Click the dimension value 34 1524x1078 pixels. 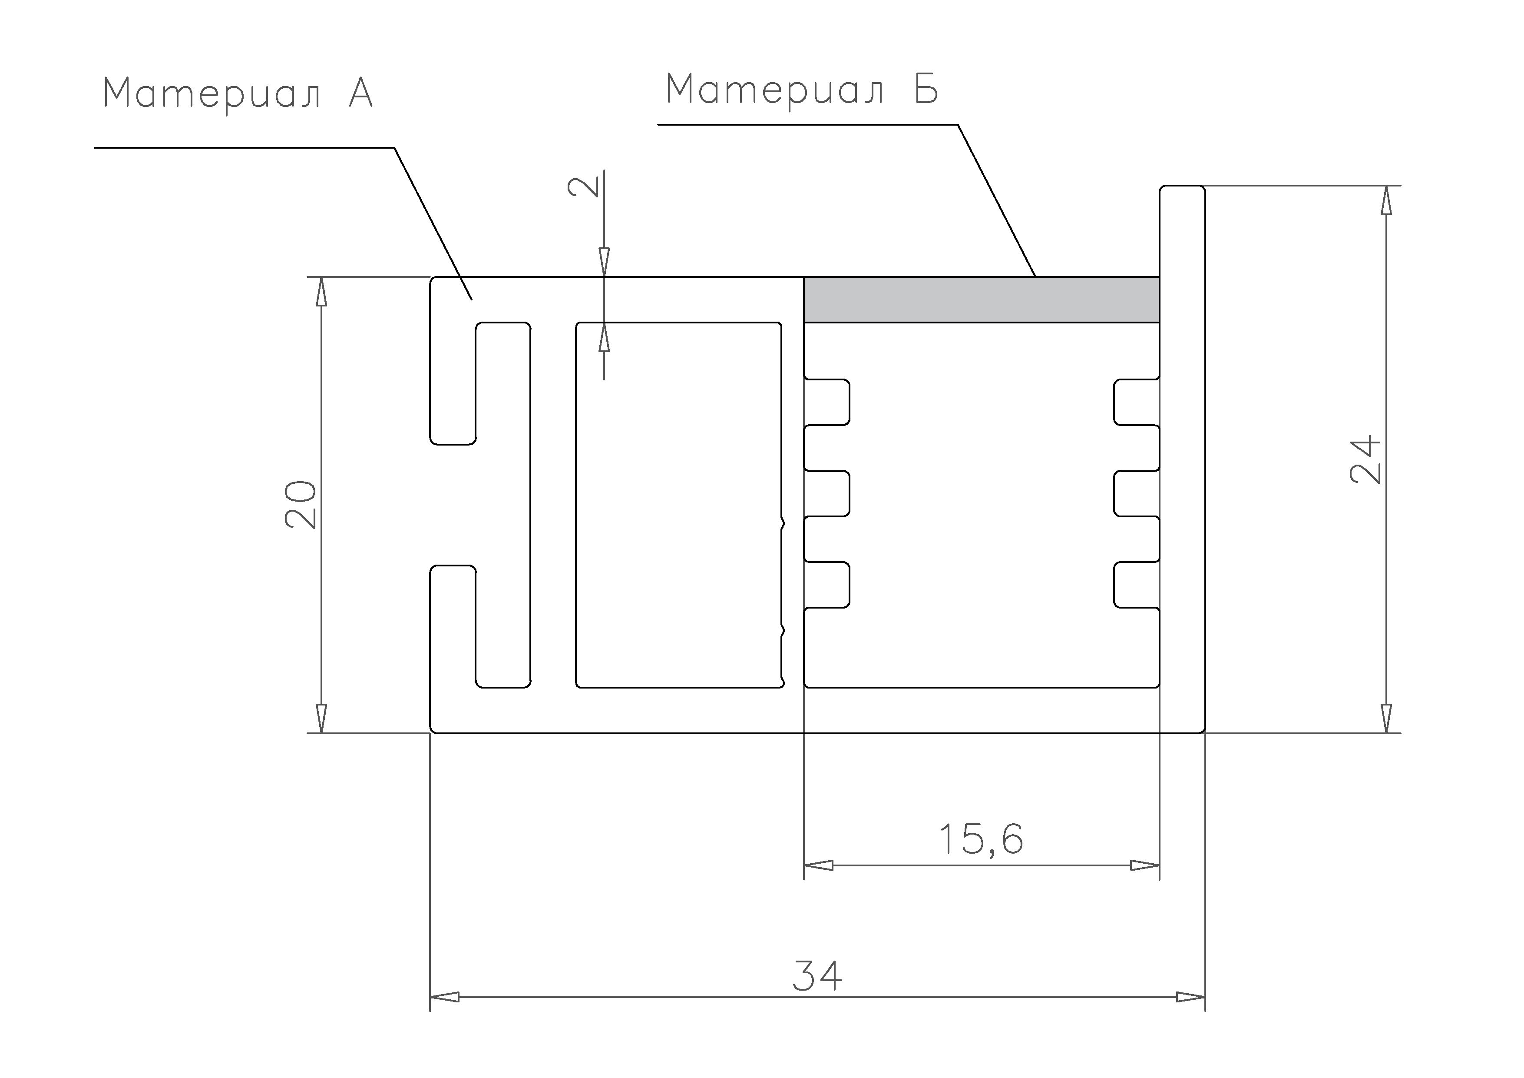817,975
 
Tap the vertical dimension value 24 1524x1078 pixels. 1366,459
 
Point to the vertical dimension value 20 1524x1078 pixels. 301,504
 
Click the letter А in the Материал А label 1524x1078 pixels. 361,93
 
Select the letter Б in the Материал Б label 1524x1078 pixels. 926,89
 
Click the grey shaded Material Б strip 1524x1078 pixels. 982,299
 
